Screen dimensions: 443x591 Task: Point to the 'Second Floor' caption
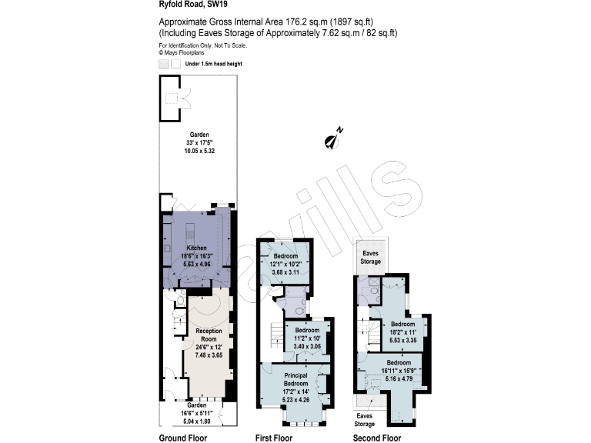pyautogui.click(x=376, y=438)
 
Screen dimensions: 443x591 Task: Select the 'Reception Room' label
pyautogui.click(x=208, y=334)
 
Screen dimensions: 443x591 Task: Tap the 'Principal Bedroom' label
pyautogui.click(x=296, y=378)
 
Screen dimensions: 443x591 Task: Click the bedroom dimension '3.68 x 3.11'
pyautogui.click(x=285, y=271)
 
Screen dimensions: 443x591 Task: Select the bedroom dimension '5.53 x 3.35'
pyautogui.click(x=402, y=339)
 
